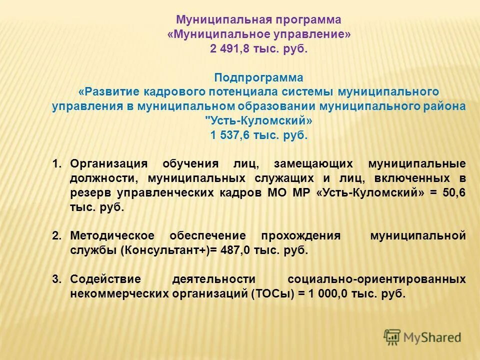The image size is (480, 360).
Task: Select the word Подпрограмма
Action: coord(258,78)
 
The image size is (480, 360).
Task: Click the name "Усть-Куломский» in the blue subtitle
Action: coord(258,121)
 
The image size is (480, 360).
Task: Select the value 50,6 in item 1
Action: coord(454,193)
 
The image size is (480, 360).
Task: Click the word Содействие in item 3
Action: coord(105,279)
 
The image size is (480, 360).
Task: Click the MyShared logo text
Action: coord(432,337)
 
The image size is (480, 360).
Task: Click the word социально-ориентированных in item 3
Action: coord(377,279)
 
